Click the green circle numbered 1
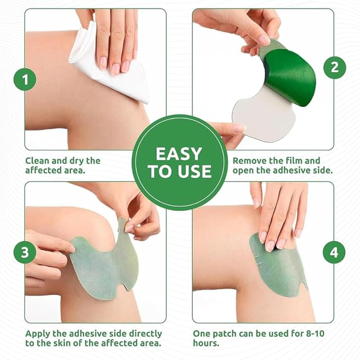[x=25, y=81]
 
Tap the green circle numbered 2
[x=335, y=67]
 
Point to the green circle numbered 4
[x=334, y=253]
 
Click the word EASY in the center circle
[x=179, y=154]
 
